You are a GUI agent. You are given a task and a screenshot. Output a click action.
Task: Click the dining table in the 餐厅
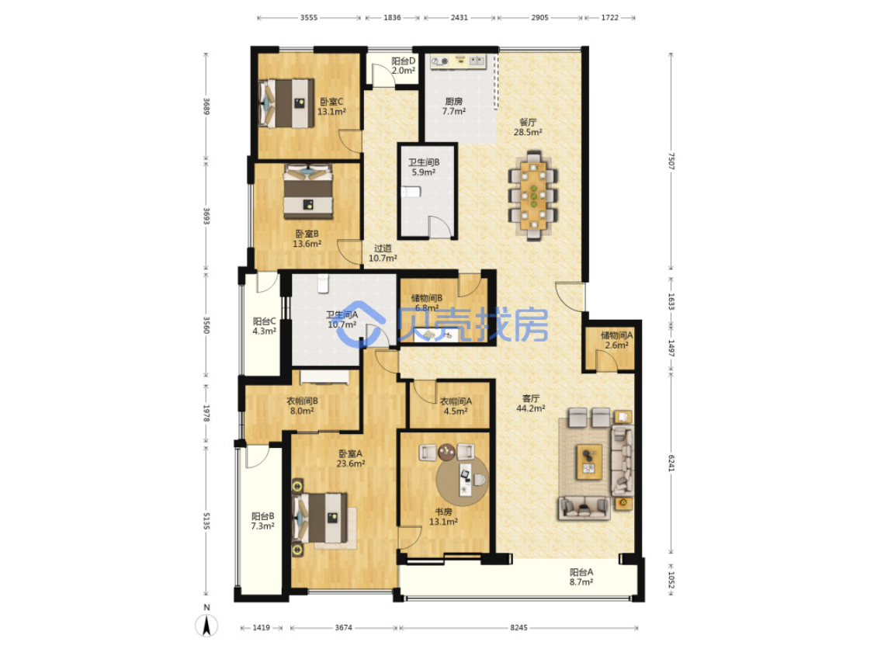point(534,196)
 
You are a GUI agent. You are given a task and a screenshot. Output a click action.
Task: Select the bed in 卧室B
point(308,191)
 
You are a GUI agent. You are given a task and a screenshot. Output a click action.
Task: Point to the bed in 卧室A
point(321,518)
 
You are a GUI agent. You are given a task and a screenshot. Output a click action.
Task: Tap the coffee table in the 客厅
point(588,462)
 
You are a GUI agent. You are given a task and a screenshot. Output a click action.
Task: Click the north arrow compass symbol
point(206,623)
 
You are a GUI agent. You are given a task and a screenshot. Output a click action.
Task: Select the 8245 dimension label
point(519,628)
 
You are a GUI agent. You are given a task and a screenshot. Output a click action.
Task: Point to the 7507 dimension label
point(671,161)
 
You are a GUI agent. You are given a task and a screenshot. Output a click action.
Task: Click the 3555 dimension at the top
point(309,18)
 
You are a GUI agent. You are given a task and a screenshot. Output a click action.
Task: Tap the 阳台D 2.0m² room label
point(403,66)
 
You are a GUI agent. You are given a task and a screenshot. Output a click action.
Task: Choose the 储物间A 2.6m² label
point(616,340)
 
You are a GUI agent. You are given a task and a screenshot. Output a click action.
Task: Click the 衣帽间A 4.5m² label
point(456,406)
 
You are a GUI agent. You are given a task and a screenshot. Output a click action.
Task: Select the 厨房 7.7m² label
point(454,106)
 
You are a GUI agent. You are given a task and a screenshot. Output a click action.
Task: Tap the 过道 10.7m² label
point(383,253)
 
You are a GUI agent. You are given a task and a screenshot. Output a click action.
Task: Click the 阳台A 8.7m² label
point(581,577)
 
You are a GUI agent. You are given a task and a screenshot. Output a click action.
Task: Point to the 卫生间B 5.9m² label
point(424,167)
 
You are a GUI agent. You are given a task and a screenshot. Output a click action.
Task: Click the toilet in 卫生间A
point(324,284)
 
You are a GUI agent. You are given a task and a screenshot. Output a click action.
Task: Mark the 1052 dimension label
point(671,581)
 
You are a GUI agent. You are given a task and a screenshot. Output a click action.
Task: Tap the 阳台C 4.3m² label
point(264,326)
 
